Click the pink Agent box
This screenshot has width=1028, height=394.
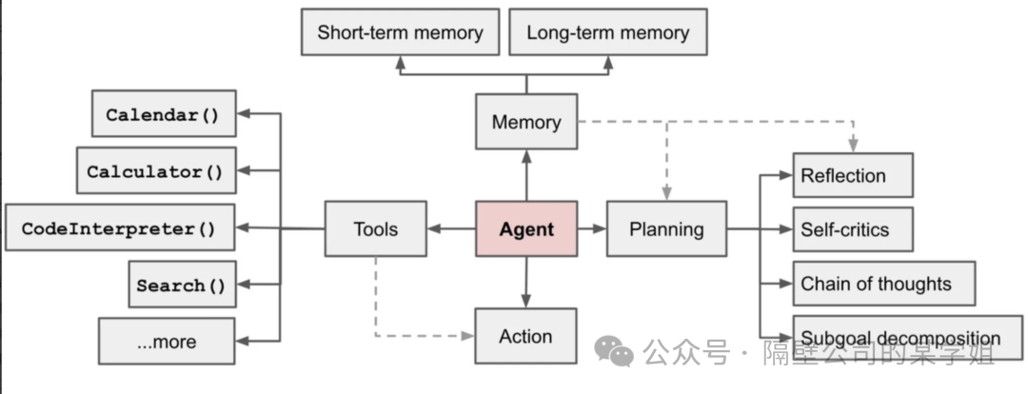(526, 228)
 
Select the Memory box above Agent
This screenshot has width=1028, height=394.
(526, 121)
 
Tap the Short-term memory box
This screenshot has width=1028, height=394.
(400, 31)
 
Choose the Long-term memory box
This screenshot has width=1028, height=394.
(607, 31)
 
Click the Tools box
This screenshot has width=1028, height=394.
(376, 228)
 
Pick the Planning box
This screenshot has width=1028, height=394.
(666, 228)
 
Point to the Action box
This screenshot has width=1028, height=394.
(525, 336)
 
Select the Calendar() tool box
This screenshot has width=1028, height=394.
(164, 113)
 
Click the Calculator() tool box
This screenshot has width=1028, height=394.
(156, 170)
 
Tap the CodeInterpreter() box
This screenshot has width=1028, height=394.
(120, 227)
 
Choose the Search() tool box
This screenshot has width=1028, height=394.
(182, 284)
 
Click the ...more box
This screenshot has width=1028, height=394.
(167, 341)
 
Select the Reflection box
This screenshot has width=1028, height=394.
(853, 175)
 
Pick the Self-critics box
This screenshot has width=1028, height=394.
(853, 229)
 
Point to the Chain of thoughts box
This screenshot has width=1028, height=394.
(884, 284)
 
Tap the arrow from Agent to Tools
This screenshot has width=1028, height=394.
(452, 228)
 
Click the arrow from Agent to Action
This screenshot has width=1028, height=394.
(526, 283)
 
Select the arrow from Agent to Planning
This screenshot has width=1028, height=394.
(592, 228)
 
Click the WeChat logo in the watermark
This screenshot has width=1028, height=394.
(614, 351)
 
